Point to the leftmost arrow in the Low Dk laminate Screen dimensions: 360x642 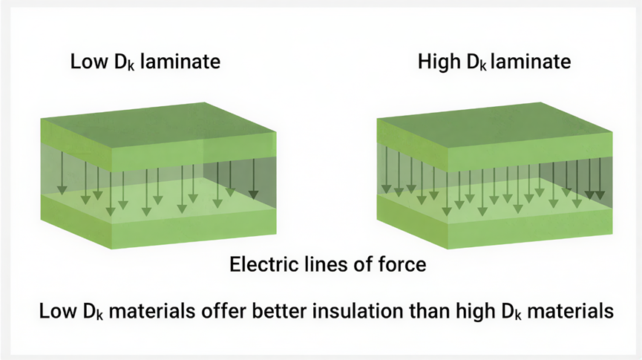(x=62, y=177)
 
